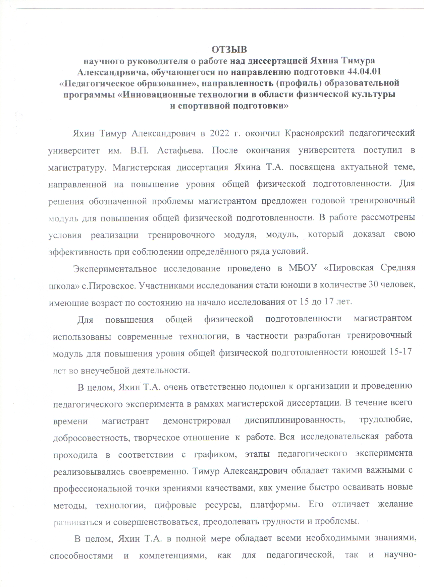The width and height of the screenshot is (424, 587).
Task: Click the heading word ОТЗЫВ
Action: click(x=229, y=50)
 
